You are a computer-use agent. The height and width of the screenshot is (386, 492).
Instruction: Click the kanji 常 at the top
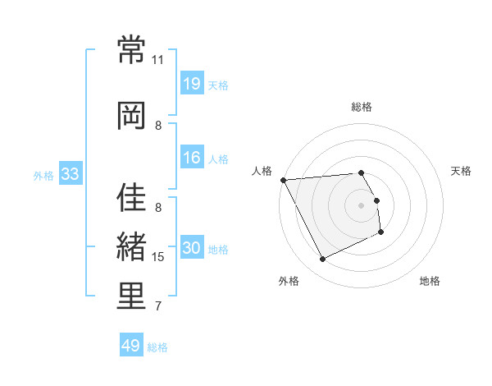coord(131,50)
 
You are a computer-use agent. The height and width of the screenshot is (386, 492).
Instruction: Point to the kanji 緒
coord(131,247)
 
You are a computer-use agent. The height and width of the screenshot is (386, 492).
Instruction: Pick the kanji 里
coord(131,296)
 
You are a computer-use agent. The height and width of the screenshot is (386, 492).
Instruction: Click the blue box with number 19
coord(192,84)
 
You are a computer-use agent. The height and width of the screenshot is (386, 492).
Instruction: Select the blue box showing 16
coord(192,158)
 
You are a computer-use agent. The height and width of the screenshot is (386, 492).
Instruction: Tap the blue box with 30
coord(192,248)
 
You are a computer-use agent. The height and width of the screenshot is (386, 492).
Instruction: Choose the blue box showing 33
coord(70,174)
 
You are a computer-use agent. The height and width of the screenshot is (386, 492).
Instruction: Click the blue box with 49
coord(131,346)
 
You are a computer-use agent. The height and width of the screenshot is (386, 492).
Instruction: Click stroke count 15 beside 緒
coord(158,257)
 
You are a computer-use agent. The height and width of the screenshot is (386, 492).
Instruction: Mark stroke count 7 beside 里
coord(158,306)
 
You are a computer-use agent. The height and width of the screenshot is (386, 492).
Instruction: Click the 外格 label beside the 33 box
coord(43,175)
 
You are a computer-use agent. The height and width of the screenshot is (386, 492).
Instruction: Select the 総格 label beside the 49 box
coord(157,347)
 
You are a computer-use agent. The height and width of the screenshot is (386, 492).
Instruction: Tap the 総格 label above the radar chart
coord(362,107)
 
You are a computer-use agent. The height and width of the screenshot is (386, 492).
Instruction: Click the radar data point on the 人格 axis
coord(283,180)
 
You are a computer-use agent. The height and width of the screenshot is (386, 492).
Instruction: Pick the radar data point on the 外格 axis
coord(322,260)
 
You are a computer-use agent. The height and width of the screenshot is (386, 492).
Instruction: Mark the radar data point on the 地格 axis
coord(382,233)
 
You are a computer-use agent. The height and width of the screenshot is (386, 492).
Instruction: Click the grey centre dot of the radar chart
coord(362,204)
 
